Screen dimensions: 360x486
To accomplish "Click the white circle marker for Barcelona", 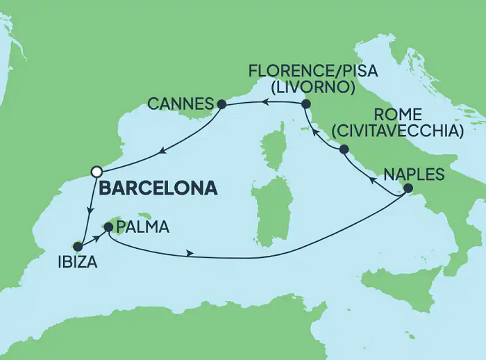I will click(97, 171).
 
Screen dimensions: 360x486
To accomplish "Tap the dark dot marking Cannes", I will click(221, 105).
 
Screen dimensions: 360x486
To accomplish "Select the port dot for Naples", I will click(408, 189).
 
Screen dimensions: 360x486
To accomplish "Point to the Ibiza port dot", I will click(78, 246).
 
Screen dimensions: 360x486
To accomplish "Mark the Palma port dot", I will click(108, 226).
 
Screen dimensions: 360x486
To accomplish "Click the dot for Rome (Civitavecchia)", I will click(343, 149).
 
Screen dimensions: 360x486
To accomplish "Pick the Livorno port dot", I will click(305, 104).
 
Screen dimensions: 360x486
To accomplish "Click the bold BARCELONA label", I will click(159, 188).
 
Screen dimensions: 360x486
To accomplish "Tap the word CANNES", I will click(181, 105).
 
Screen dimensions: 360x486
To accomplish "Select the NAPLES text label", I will click(413, 174).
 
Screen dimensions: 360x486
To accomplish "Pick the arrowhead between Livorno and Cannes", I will click(265, 103).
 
